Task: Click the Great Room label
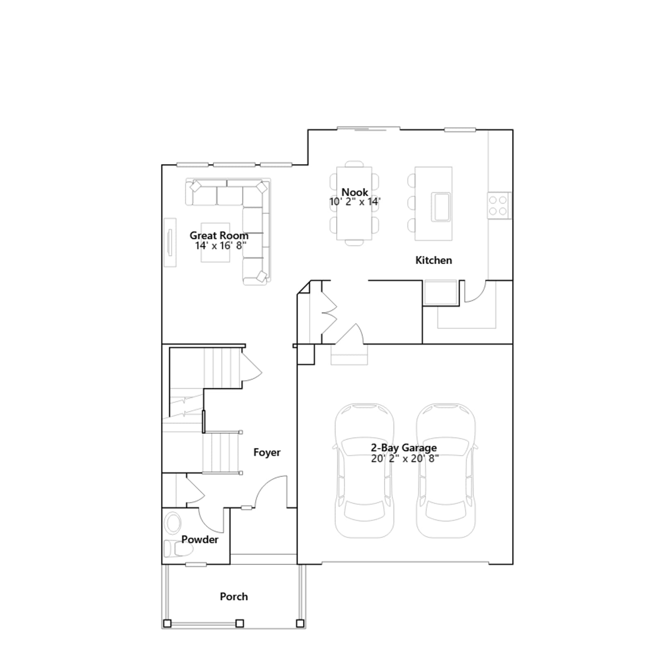pyautogui.click(x=219, y=235)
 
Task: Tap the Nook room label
pyautogui.click(x=355, y=192)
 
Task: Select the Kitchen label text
pyautogui.click(x=434, y=260)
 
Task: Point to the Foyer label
pyautogui.click(x=267, y=452)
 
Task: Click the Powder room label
pyautogui.click(x=200, y=540)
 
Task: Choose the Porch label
pyautogui.click(x=234, y=596)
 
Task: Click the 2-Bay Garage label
pyautogui.click(x=404, y=448)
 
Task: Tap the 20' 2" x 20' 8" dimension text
pyautogui.click(x=405, y=458)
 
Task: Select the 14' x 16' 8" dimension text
pyautogui.click(x=221, y=246)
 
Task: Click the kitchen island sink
pyautogui.click(x=440, y=207)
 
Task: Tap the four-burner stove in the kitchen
pyautogui.click(x=499, y=206)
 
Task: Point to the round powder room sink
pyautogui.click(x=173, y=523)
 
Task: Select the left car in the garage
pyautogui.click(x=364, y=471)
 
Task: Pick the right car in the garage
pyautogui.click(x=446, y=471)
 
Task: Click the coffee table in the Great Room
pyautogui.click(x=215, y=243)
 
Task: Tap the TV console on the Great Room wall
pyautogui.click(x=170, y=242)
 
